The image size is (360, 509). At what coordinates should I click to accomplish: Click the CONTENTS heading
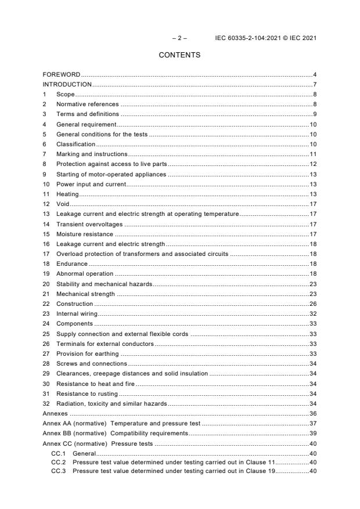[179, 55]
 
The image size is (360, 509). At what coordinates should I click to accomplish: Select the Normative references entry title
[87, 104]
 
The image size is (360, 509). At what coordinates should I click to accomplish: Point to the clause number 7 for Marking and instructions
[45, 154]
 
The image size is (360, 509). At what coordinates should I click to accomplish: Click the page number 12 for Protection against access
[312, 164]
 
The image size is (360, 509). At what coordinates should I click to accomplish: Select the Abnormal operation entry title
[85, 273]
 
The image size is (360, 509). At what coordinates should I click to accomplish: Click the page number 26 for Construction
[312, 304]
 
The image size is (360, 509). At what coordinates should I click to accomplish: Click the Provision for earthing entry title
[87, 353]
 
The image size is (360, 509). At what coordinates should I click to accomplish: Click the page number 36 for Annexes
[312, 414]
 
